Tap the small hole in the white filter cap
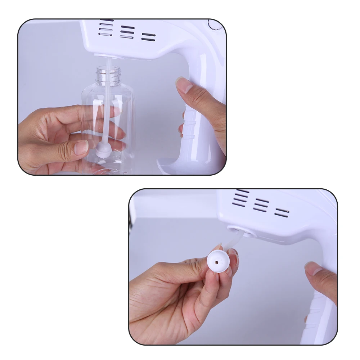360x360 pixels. pos(217,262)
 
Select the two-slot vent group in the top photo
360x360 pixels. pos(148,37)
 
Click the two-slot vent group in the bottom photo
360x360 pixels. pos(282,212)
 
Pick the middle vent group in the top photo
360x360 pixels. pos(127,32)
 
